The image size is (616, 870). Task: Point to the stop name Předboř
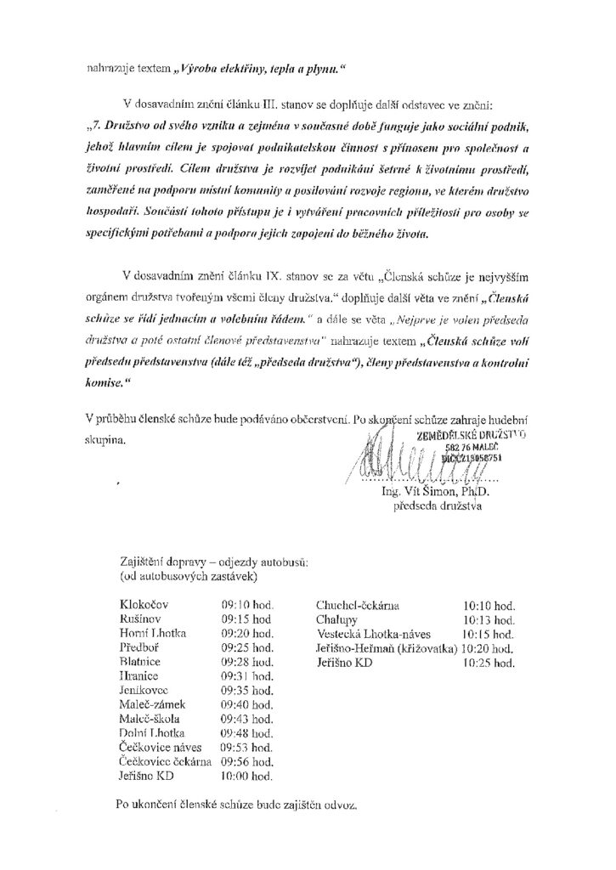[140, 647]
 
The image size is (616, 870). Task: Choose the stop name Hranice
[139, 676]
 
